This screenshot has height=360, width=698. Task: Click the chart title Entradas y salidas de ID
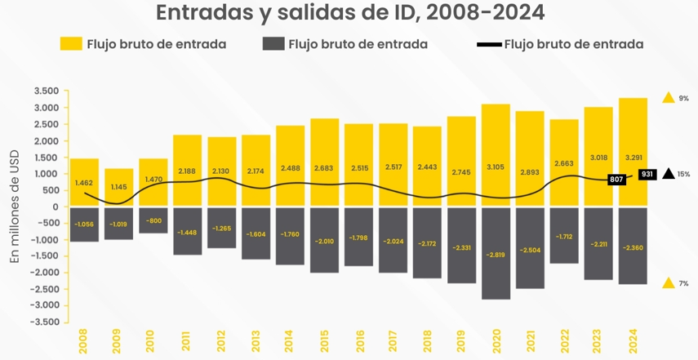(x=349, y=14)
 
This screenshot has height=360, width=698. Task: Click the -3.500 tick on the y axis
(x=45, y=322)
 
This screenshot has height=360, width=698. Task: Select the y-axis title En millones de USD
(x=14, y=207)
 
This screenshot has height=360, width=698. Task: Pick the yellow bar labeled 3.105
(x=496, y=155)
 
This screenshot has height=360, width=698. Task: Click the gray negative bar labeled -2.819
(x=496, y=253)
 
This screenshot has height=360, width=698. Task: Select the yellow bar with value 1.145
(x=118, y=188)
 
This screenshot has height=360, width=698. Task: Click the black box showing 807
(x=616, y=179)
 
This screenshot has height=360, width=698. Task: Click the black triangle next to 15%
(x=669, y=174)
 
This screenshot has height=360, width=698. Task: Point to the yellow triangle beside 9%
(x=669, y=98)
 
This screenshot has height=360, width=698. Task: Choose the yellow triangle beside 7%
(x=669, y=283)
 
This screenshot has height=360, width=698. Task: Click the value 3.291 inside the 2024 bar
(x=634, y=157)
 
